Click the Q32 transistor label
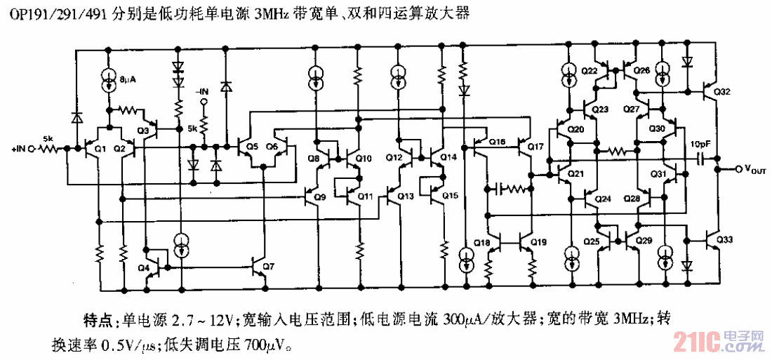click(722, 92)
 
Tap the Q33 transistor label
click(725, 241)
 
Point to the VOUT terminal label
click(755, 171)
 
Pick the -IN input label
click(203, 92)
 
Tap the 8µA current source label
click(128, 80)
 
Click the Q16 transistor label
click(497, 142)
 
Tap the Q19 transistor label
click(538, 243)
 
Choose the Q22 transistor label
click(590, 71)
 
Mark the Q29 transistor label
click(644, 241)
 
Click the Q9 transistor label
click(319, 198)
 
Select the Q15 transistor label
click(450, 195)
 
